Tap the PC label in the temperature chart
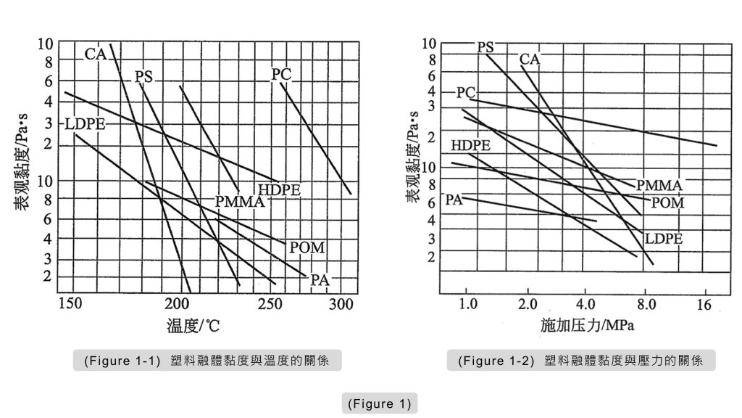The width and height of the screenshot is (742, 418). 281,74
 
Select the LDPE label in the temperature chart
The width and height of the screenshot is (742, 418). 85,124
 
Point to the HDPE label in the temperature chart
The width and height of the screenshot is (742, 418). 279,191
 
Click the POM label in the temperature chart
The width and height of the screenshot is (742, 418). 307,248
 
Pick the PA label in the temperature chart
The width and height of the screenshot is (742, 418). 320,280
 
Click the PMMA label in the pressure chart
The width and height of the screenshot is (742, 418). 659,186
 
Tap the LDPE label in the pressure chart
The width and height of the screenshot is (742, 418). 664,238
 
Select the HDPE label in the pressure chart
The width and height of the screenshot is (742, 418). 470,146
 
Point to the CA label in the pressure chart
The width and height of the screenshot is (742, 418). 530,60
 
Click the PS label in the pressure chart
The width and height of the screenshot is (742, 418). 485,47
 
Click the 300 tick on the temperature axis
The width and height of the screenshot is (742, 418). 341,305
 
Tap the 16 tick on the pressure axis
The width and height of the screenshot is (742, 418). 704,305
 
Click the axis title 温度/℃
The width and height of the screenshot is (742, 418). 192,326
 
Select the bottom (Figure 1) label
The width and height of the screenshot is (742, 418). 379,403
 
